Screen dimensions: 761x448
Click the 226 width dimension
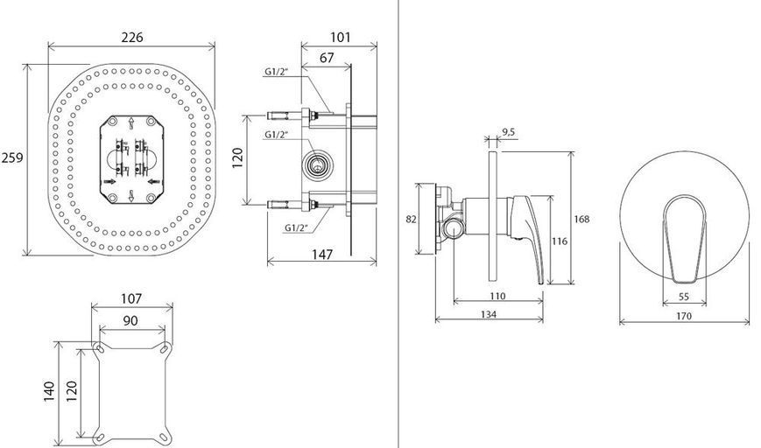(x=132, y=38)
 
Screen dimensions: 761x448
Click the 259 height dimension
(x=11, y=157)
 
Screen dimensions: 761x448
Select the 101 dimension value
(x=341, y=38)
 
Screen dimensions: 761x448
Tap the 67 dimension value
(x=327, y=58)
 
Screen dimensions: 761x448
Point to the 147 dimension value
(x=322, y=254)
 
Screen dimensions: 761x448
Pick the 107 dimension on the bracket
(x=131, y=298)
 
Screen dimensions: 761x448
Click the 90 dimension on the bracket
(x=130, y=320)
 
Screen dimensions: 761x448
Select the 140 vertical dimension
(x=50, y=392)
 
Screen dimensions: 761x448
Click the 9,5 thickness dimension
(x=509, y=132)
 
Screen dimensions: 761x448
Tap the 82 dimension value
(x=411, y=219)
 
